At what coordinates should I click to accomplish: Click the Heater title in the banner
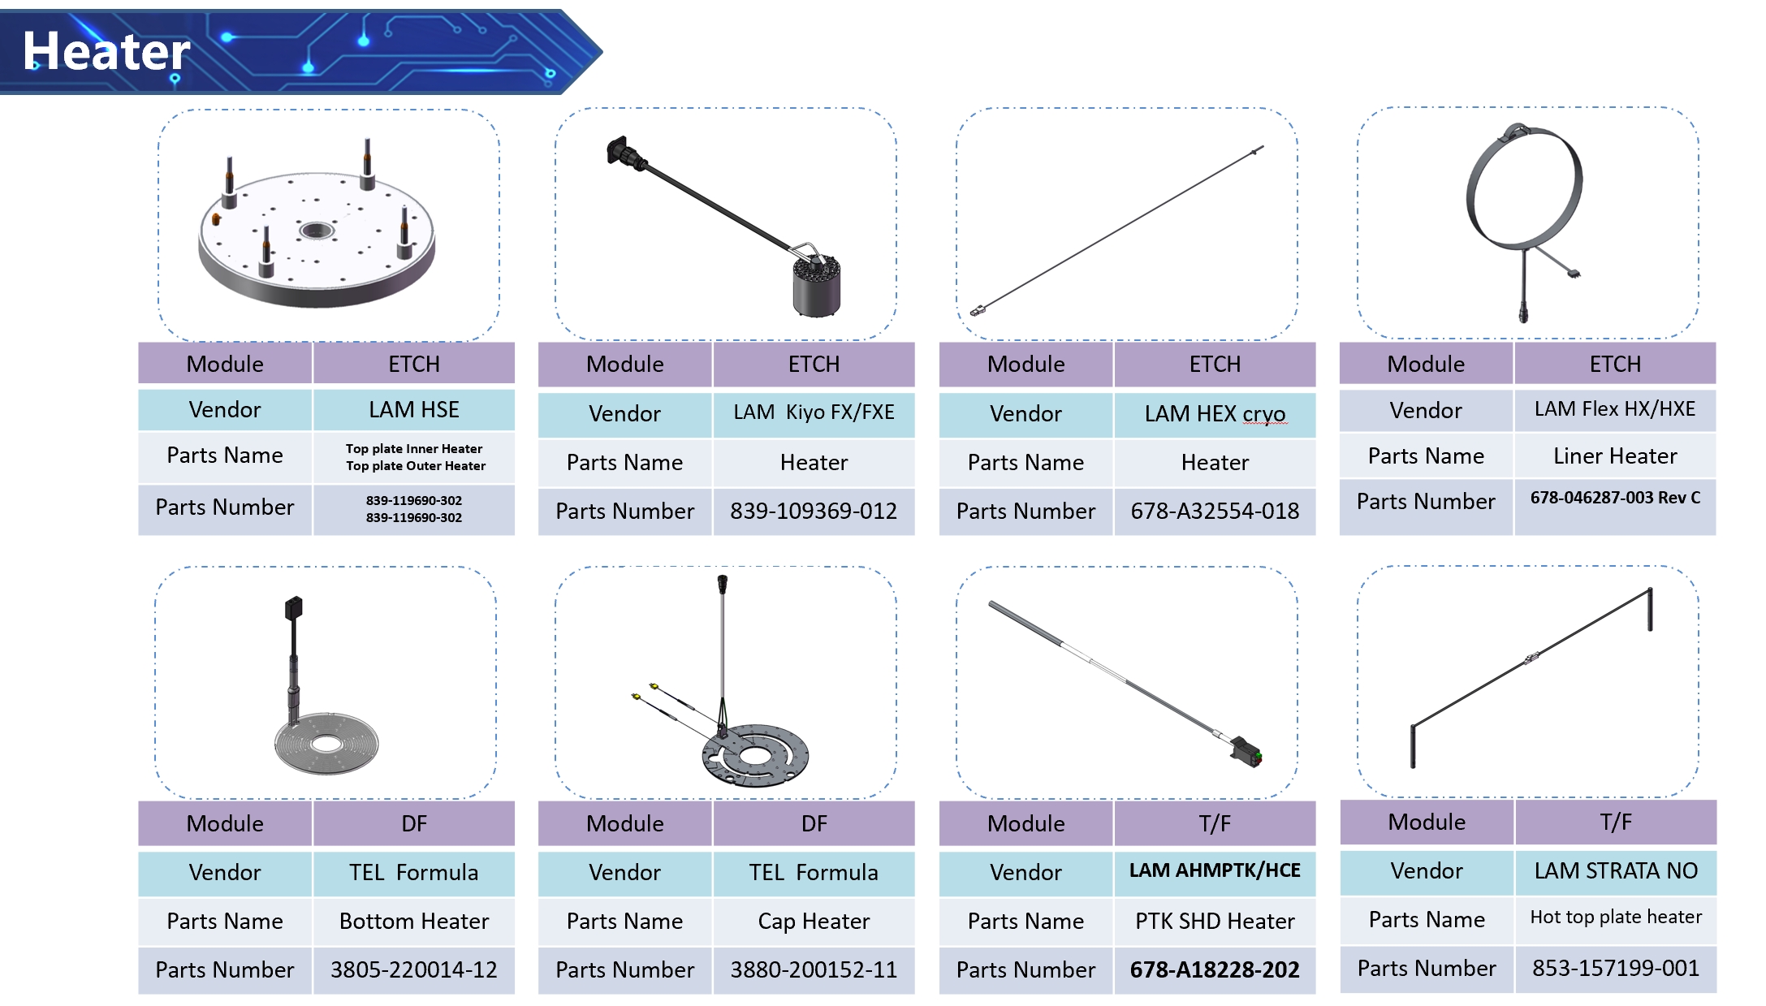coord(106,52)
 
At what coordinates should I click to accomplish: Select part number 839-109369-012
coord(813,511)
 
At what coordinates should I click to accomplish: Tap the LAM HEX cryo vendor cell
coord(1215,414)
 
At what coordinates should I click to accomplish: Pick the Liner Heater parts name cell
coord(1614,456)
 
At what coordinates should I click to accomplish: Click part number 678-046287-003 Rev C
coord(1614,498)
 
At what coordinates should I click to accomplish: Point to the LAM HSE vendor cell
coord(413,409)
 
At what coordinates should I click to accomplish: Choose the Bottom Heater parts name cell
coord(413,921)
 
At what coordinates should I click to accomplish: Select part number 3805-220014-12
coord(413,969)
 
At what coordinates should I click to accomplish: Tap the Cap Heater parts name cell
coord(813,921)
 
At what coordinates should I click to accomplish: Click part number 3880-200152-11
coord(813,969)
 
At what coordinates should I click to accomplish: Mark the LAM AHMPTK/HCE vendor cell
coord(1214,870)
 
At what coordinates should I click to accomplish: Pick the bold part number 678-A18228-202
coord(1214,969)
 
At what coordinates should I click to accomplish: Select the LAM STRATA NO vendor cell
coord(1615,870)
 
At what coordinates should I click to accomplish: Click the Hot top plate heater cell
coord(1615,917)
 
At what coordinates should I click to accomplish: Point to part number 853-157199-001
coord(1615,968)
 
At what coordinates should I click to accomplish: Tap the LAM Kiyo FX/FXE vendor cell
coord(813,412)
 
